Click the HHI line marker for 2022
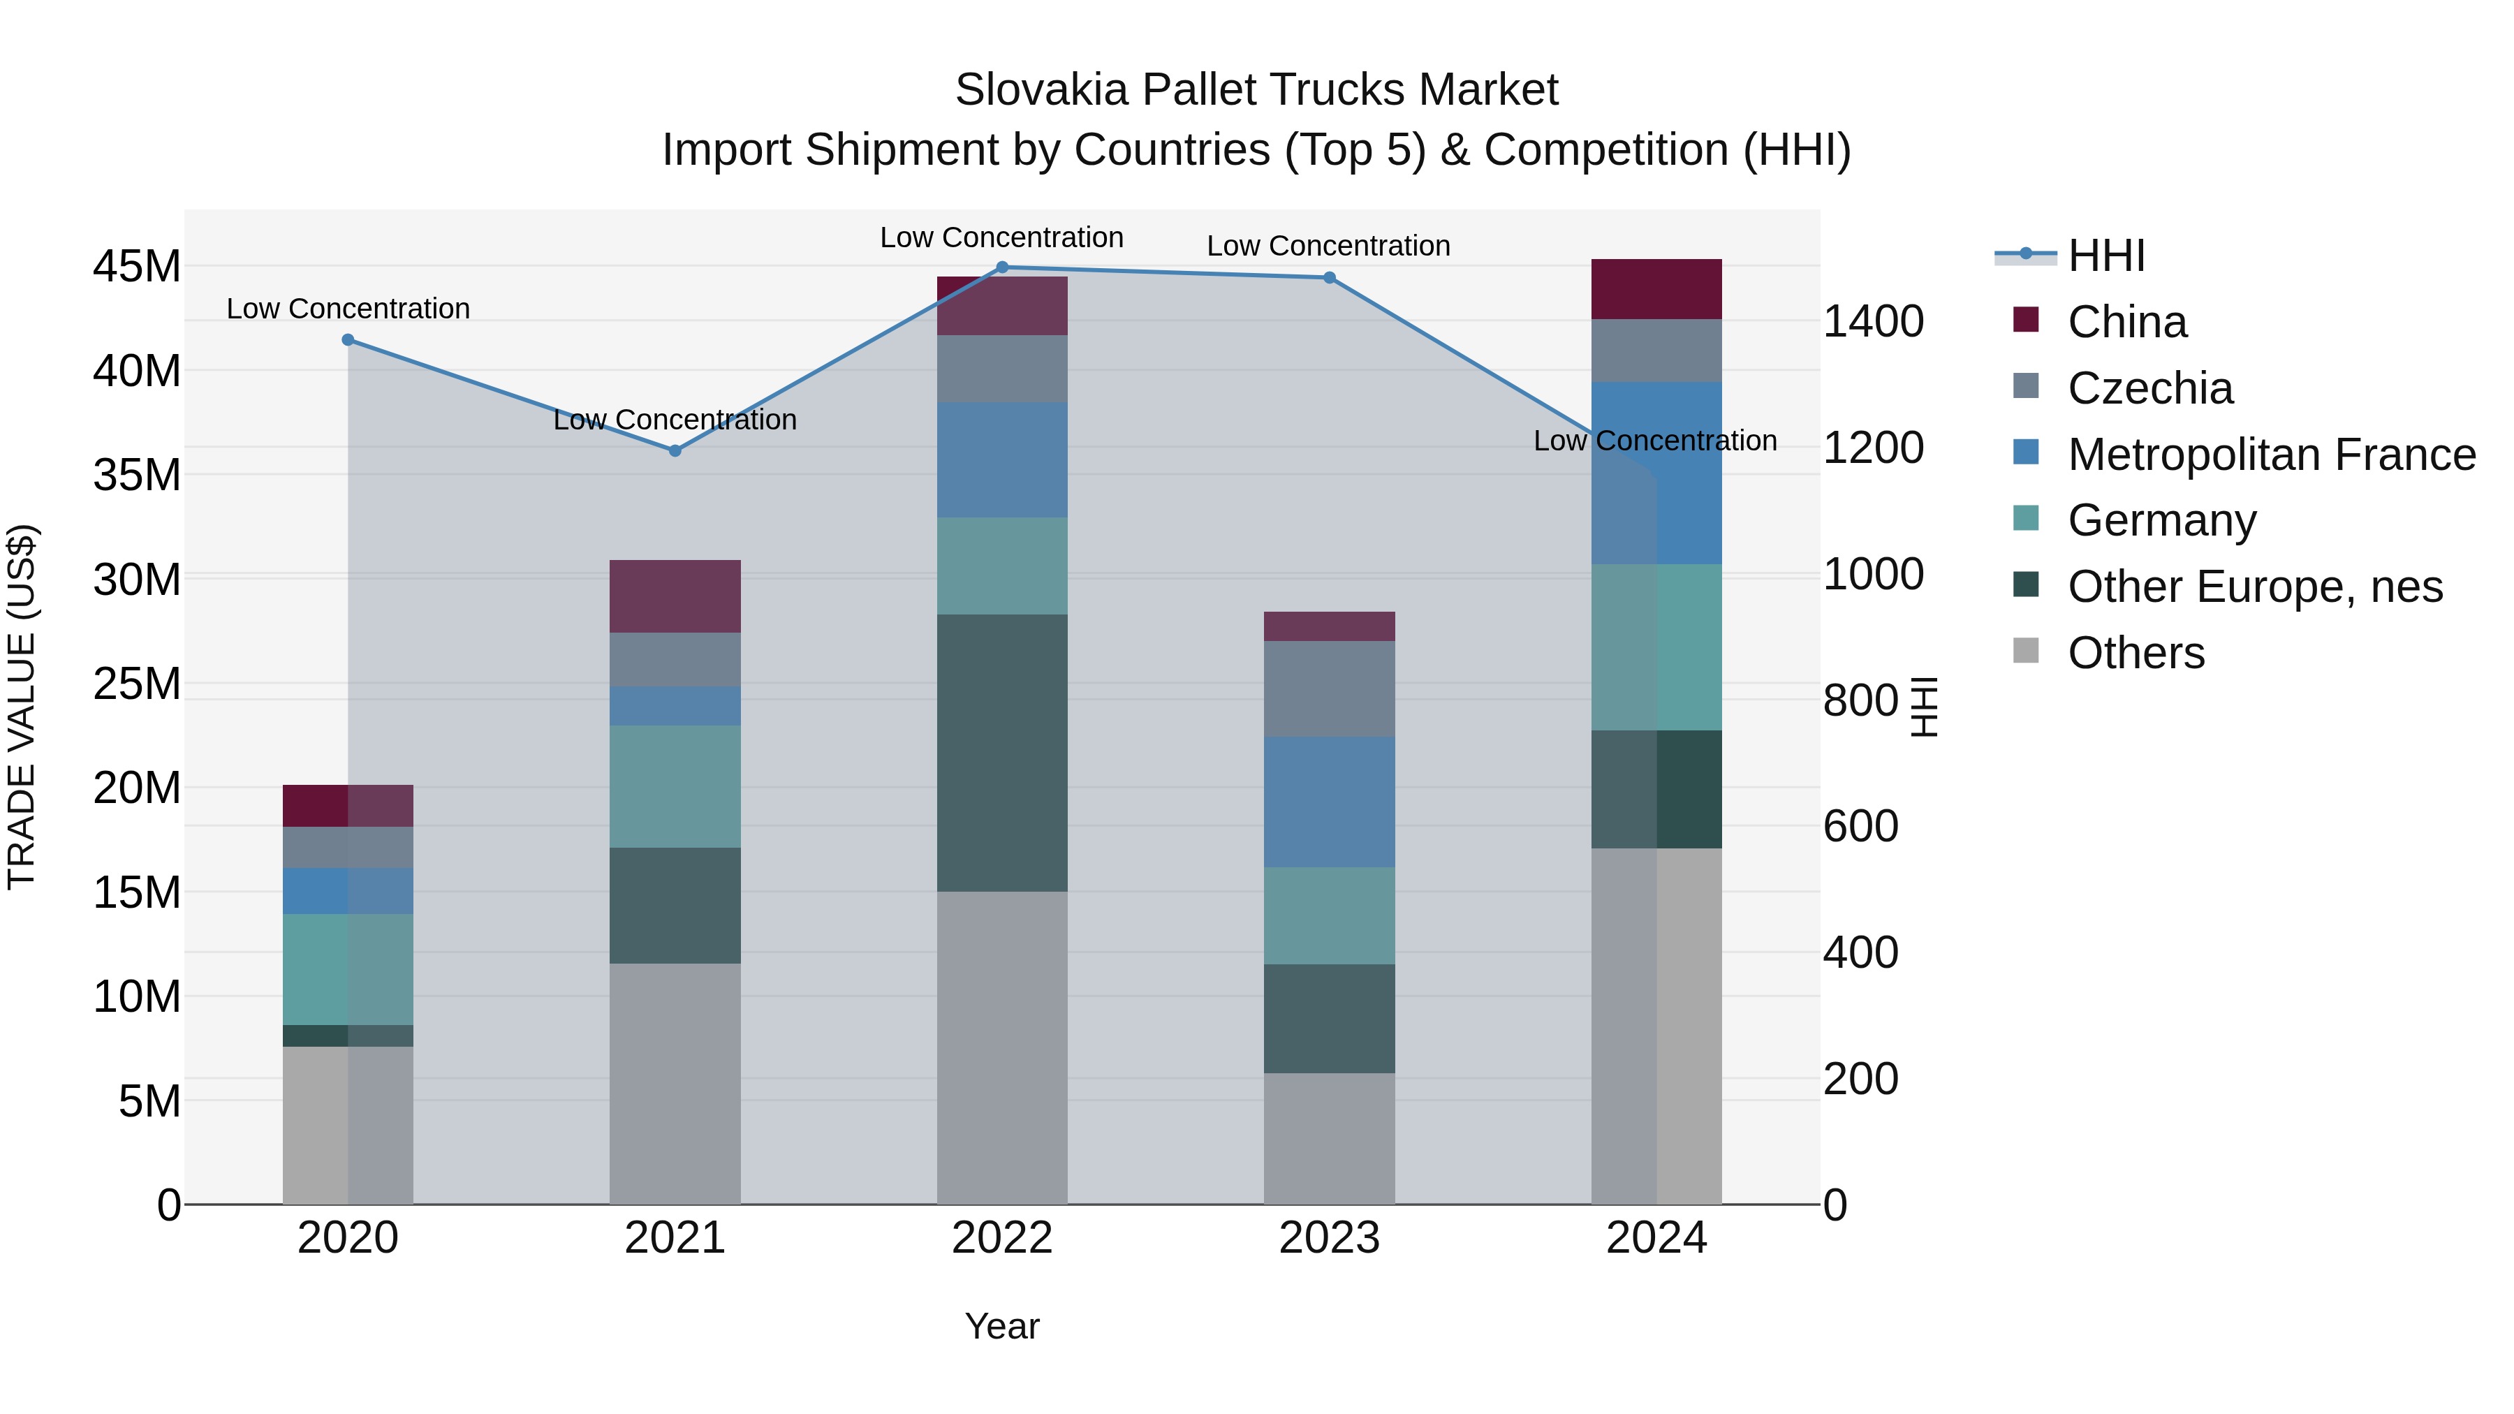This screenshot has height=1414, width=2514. (x=1001, y=267)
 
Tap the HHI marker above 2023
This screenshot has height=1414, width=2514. (x=1328, y=277)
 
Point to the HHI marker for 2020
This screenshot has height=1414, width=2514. (x=348, y=339)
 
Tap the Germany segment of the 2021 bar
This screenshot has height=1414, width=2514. (x=675, y=786)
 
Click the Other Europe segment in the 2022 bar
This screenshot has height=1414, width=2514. (x=1001, y=751)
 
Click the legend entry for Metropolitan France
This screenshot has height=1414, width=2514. (x=2271, y=455)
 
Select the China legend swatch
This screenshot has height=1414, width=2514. (x=2026, y=320)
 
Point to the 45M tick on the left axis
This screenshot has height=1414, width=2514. (x=137, y=267)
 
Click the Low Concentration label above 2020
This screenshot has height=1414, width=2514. (x=348, y=309)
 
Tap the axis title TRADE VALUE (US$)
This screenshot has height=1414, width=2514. (x=22, y=707)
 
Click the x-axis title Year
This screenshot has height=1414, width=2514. (x=1001, y=1326)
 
